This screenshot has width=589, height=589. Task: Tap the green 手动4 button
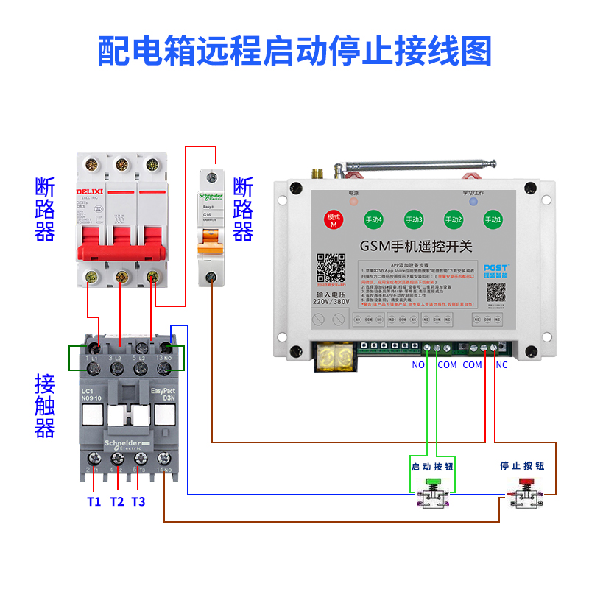point(373,219)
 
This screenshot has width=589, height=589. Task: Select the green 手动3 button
point(414,219)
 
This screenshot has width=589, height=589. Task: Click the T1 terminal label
point(94,501)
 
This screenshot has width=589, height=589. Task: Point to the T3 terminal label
point(138,501)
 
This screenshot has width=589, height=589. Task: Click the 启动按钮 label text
point(432,467)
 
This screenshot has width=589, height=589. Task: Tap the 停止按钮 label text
point(523,466)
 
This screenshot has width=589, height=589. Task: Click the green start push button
point(431,482)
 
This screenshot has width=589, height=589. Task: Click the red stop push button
point(525,482)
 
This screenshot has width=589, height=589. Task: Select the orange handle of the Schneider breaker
point(211,237)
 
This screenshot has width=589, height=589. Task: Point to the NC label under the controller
point(501,364)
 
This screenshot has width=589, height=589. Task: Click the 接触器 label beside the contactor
point(45,406)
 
